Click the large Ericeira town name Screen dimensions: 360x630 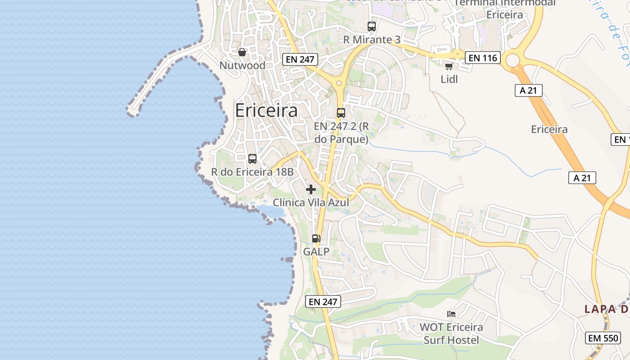(x=266, y=111)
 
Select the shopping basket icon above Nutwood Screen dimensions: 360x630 (x=242, y=52)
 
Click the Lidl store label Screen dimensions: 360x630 (x=449, y=79)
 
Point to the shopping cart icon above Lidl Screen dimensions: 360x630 (x=461, y=67)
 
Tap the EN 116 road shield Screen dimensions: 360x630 (x=483, y=58)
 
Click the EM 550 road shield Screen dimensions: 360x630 (x=603, y=338)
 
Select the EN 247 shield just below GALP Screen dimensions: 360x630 (x=323, y=301)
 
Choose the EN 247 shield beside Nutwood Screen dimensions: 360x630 (x=300, y=59)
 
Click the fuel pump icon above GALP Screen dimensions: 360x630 (x=316, y=238)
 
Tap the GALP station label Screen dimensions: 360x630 (x=316, y=252)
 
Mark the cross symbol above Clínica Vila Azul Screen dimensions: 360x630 (x=311, y=189)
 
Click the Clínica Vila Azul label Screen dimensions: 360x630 (x=311, y=202)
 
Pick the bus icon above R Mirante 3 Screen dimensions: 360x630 (x=371, y=27)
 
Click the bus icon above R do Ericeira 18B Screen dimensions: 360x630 (x=252, y=159)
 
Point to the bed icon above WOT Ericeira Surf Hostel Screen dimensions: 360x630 (x=451, y=314)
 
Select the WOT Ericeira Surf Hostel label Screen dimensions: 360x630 (x=451, y=333)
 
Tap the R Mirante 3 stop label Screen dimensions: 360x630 (x=372, y=40)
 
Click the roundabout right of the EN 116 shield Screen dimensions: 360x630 (x=513, y=59)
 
